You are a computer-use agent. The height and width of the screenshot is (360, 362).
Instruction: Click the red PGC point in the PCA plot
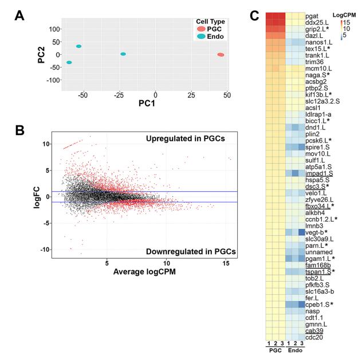(221, 55)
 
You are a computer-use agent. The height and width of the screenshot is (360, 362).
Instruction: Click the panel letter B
(19, 131)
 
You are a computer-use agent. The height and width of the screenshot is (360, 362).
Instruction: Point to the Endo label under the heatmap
(293, 350)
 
